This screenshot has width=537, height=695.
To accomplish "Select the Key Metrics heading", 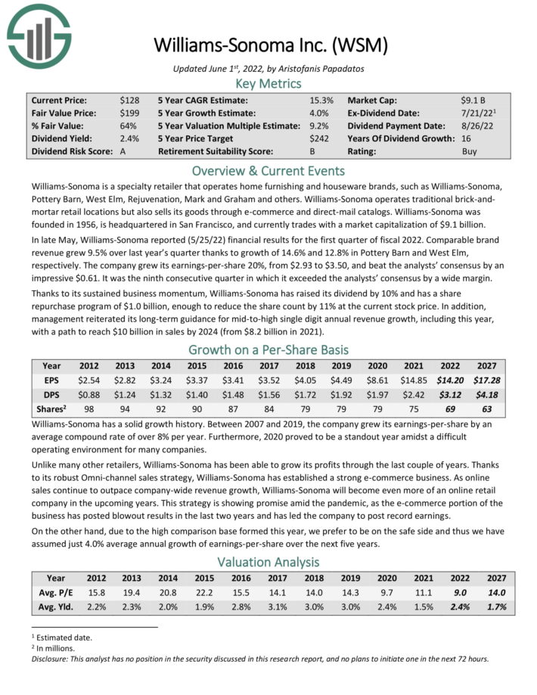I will point(268,83).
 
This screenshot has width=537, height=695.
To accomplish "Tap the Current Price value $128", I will point(129,100).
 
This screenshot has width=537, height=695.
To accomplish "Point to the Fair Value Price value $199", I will point(129,113).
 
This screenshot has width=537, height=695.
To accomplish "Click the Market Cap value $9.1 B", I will point(474,100).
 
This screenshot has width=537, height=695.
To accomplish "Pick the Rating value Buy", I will point(470,151).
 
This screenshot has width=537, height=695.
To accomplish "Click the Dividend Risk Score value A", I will point(123,151).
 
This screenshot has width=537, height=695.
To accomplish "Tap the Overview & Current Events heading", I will point(268,170).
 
